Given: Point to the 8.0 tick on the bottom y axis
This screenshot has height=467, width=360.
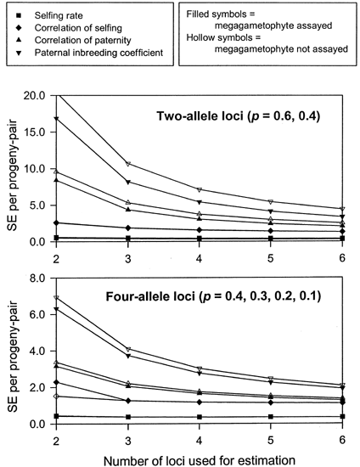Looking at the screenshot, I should [33, 278].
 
